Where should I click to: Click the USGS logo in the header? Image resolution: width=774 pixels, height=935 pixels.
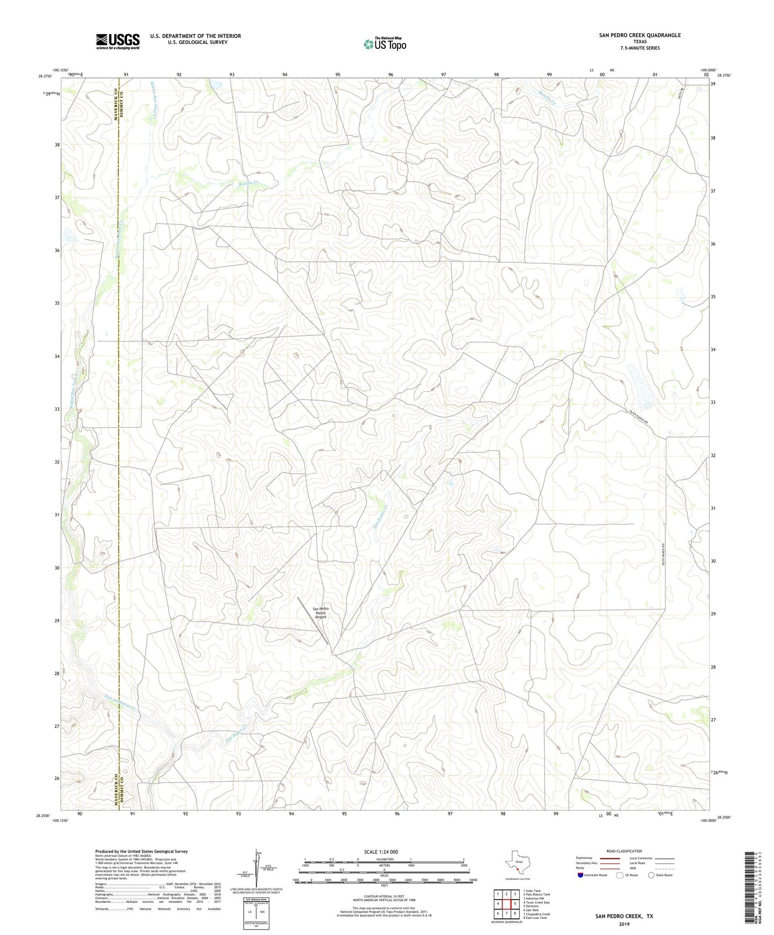click(x=118, y=42)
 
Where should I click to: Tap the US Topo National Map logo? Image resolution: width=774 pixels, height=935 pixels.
click(x=385, y=43)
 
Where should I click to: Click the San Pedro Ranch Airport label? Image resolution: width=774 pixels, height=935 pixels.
click(x=320, y=613)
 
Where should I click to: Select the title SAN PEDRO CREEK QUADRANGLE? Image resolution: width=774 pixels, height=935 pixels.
click(x=640, y=35)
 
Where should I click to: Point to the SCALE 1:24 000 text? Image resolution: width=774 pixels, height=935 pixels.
click(x=381, y=851)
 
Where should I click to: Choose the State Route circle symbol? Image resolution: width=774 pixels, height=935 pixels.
click(x=651, y=875)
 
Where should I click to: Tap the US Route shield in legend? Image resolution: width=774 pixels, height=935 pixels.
click(x=621, y=875)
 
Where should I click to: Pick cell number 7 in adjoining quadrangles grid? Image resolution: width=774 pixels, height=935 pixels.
click(x=506, y=914)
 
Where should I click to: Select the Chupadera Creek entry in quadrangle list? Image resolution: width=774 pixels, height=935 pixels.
click(x=537, y=914)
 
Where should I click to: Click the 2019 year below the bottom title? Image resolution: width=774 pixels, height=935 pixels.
click(x=624, y=924)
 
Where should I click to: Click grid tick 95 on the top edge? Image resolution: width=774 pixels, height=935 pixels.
click(x=337, y=74)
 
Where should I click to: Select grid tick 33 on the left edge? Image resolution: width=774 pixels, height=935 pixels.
click(x=57, y=409)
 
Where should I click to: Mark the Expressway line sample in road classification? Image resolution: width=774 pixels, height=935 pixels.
click(x=610, y=858)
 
